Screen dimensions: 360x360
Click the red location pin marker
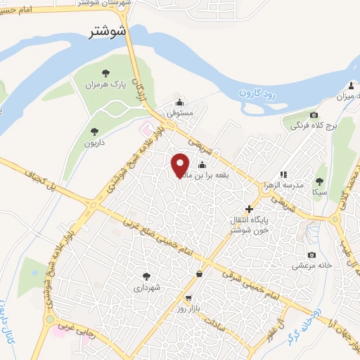coord(181,165)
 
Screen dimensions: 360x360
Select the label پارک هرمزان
coord(112,85)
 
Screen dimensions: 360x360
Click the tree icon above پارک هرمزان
coord(105,73)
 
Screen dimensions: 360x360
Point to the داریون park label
coord(96,143)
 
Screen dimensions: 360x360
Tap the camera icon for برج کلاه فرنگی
coord(314,115)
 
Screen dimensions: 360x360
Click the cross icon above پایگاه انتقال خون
coord(249,209)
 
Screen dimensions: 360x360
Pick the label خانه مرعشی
coord(307,266)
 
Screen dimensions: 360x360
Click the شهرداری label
coord(147,288)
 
